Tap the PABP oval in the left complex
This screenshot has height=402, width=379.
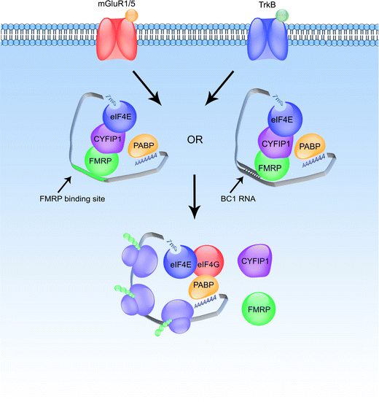145,149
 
